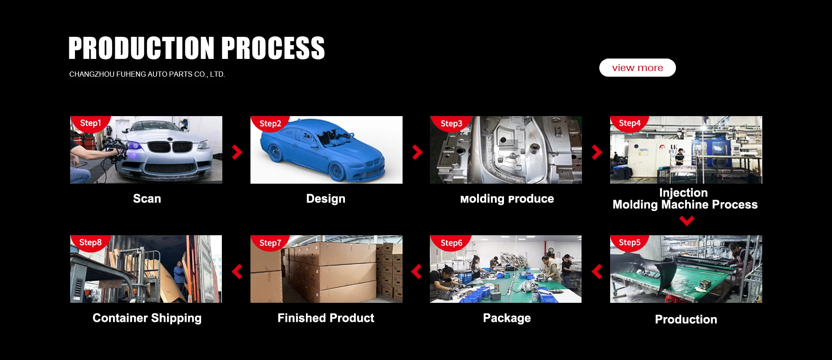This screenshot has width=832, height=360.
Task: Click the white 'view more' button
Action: point(637,68)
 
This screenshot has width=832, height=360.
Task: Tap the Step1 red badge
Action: point(91,123)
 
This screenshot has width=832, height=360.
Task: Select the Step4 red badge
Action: point(630,123)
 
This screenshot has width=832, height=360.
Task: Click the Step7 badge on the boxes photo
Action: point(270,243)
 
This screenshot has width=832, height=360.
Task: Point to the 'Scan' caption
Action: point(147,199)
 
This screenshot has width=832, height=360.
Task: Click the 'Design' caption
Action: point(326,199)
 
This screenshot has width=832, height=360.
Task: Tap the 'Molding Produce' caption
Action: point(507,199)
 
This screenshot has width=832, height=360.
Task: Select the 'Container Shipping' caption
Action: point(147,318)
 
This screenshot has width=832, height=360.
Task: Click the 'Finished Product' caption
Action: point(326,318)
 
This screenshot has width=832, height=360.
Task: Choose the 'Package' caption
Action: point(507,318)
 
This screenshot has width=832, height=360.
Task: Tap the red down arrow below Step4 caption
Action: point(687,221)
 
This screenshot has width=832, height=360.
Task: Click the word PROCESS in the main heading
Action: point(273,48)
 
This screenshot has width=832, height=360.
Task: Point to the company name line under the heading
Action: point(147,74)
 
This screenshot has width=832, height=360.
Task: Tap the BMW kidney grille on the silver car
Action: point(170,147)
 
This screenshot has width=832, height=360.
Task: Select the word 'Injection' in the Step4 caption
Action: point(683,193)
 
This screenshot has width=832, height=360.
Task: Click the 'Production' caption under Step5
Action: point(686,319)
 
